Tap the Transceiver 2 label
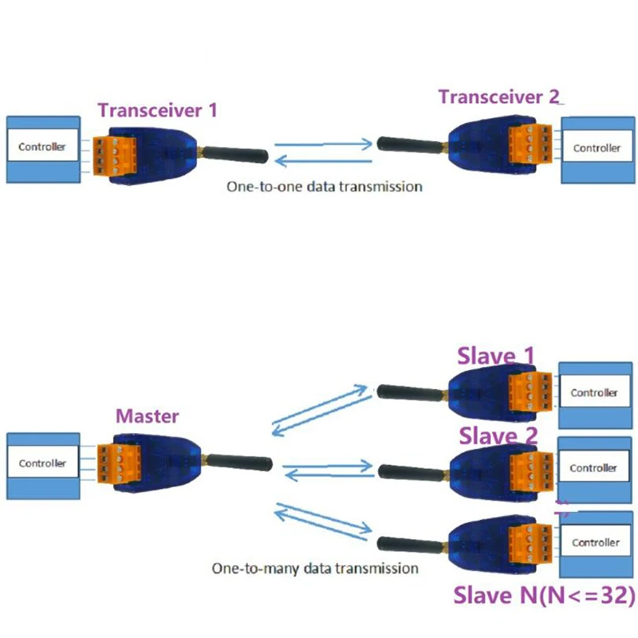pyautogui.click(x=499, y=96)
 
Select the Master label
pyautogui.click(x=148, y=415)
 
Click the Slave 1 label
pyautogui.click(x=495, y=356)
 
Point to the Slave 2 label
pyautogui.click(x=498, y=435)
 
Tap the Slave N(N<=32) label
pyautogui.click(x=544, y=595)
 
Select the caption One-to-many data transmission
pyautogui.click(x=314, y=569)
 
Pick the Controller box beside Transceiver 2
pyautogui.click(x=597, y=148)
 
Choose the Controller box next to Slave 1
pyautogui.click(x=594, y=392)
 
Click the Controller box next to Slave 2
pyautogui.click(x=594, y=468)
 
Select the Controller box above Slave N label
pyautogui.click(x=595, y=542)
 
